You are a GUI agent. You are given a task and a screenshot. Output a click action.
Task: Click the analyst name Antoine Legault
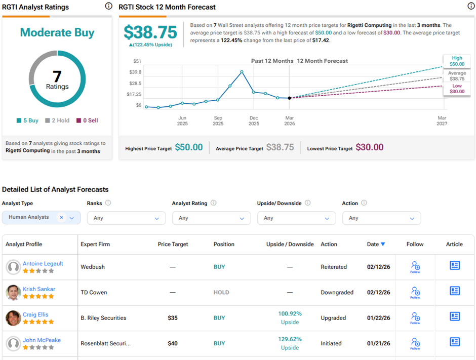43,263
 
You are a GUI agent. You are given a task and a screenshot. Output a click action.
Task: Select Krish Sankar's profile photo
13,292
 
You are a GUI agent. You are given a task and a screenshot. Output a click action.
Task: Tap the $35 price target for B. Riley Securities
173,318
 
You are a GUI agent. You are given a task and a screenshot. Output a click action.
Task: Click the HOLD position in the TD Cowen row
221,292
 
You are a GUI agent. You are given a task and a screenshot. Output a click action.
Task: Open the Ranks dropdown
126,218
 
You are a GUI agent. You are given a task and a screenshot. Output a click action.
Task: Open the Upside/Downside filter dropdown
296,218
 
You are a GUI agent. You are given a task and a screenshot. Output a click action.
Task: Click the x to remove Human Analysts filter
61,217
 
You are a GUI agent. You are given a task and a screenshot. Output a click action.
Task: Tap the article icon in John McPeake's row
455,342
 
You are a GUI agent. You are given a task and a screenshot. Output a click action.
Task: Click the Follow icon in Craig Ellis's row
415,317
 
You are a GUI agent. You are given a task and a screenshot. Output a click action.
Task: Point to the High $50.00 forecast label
457,61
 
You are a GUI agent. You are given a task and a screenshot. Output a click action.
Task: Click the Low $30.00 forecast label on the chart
457,89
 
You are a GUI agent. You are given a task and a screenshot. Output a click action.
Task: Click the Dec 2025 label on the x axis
254,121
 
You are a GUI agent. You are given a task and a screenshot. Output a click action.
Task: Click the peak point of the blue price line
242,71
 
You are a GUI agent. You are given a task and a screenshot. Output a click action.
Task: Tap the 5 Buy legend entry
27,121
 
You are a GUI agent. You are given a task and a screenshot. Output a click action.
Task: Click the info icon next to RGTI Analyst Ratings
108,6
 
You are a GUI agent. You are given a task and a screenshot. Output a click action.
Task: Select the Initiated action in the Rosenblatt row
333,343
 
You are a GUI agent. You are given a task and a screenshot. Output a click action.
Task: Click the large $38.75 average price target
150,32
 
